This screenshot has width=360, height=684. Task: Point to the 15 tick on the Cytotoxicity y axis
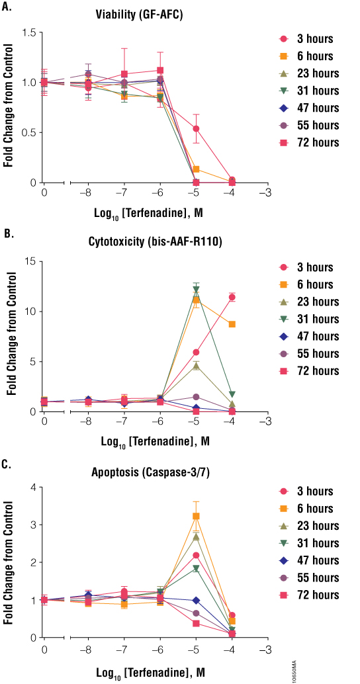30,261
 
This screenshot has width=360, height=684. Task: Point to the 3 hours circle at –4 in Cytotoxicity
232,297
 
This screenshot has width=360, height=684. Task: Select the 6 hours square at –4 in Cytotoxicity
232,324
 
